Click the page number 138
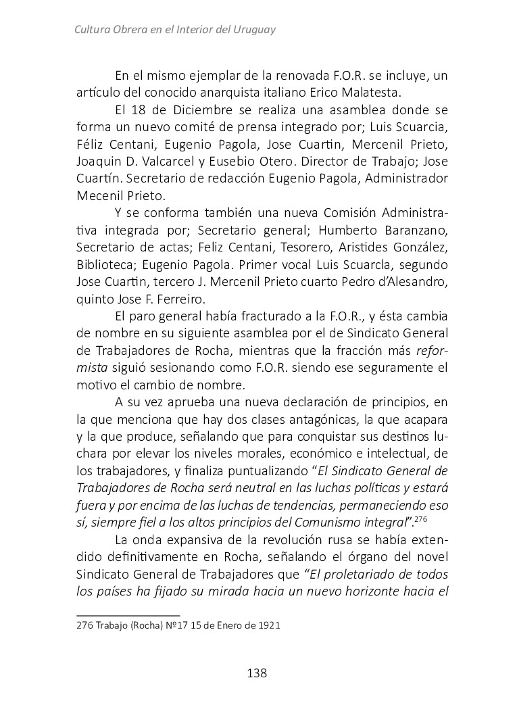point(257,673)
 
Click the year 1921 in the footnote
point(268,626)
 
